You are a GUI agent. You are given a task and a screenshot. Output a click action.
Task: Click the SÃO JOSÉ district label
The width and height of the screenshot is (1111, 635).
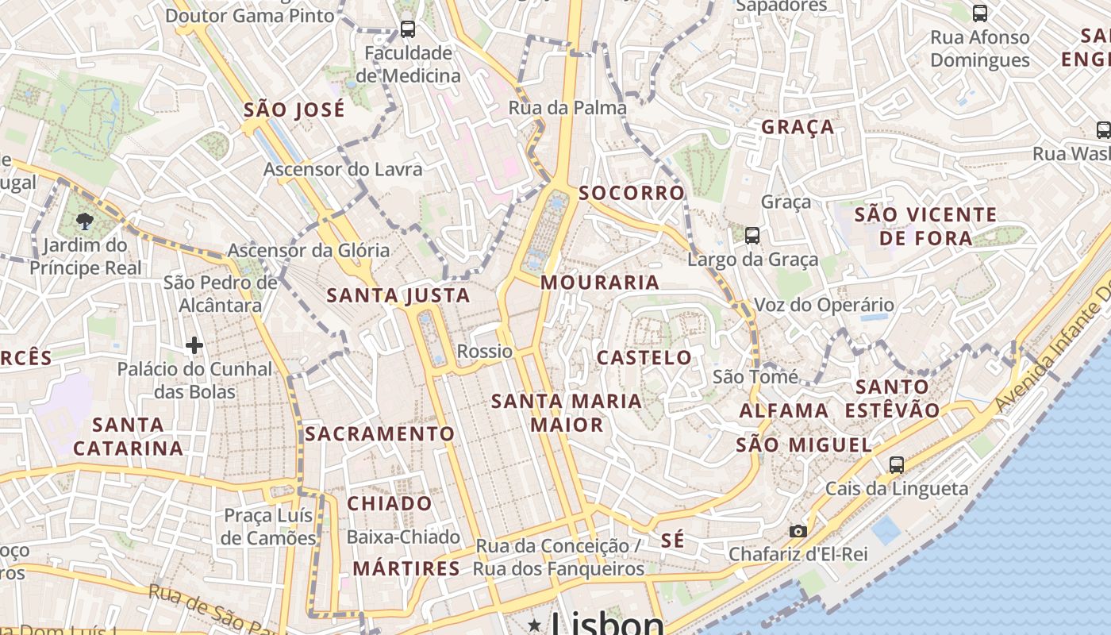point(294,110)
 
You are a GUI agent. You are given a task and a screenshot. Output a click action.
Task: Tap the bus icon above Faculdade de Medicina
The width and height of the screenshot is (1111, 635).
point(408,29)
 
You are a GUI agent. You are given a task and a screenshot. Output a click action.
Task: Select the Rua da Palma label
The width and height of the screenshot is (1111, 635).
point(567,107)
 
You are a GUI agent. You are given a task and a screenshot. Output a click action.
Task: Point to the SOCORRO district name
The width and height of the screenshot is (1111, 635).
point(632,193)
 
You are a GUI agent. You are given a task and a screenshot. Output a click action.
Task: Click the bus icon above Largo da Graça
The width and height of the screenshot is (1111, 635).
point(752,235)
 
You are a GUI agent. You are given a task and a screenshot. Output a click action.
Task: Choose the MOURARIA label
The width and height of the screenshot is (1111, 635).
point(600,283)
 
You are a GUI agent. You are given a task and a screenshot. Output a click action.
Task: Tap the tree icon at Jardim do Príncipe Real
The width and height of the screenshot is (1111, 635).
point(86,221)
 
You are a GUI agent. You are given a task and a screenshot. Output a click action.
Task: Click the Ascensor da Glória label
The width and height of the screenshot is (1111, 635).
point(309,251)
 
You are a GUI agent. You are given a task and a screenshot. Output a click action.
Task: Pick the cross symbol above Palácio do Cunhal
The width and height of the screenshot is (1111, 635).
point(194,344)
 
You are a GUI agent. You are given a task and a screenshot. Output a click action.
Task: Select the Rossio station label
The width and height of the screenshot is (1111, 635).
point(485,351)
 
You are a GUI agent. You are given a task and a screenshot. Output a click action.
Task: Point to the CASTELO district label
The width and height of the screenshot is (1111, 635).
point(644,357)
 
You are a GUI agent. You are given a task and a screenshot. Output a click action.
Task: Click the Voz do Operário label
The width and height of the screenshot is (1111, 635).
point(824,305)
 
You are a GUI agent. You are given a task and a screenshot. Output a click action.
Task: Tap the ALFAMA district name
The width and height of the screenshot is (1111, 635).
point(784,410)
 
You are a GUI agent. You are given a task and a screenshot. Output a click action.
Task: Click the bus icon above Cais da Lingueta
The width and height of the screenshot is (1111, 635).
point(897,465)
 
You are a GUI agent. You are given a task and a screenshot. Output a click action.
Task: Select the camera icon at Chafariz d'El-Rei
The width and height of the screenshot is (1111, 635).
point(798,531)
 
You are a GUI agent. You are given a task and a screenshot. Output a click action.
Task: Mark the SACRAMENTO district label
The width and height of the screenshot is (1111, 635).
point(379,434)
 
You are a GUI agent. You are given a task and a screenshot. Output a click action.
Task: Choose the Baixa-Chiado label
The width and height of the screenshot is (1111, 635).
point(403,537)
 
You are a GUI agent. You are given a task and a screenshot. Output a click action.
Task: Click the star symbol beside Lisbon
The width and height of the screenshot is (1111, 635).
point(535,625)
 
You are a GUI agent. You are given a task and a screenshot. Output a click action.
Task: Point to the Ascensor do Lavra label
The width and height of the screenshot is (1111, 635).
point(343,169)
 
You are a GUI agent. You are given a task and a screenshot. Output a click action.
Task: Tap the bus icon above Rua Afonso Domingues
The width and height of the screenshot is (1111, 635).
point(980,13)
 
